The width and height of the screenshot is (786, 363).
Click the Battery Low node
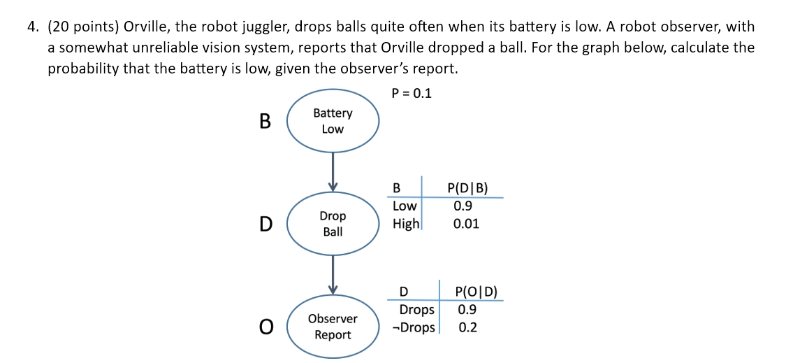coord(333,121)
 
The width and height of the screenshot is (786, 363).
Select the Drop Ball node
coord(333,223)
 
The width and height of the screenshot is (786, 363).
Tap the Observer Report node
coord(333,327)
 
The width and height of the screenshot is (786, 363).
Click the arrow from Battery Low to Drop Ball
coord(333,171)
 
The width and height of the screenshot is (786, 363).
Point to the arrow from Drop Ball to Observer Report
coord(333,274)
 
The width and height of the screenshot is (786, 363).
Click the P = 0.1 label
coord(412,93)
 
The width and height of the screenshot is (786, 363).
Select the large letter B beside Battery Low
coord(265,121)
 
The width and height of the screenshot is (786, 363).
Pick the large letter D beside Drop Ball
coord(265,224)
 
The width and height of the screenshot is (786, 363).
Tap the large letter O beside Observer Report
coord(265,327)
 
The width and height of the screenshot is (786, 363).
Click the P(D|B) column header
coord(467,187)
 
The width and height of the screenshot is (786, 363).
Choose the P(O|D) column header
coord(475,292)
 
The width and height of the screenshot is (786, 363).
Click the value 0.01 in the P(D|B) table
coord(466,224)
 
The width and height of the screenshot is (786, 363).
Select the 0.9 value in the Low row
coord(463,206)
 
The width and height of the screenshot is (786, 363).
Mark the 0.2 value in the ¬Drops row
coord(467,327)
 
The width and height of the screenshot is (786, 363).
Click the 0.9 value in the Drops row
coord(467,310)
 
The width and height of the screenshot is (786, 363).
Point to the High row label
coord(406,224)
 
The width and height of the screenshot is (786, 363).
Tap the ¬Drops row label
coord(414,327)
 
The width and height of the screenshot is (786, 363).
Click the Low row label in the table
coord(405,206)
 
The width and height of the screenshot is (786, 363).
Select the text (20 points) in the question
coord(82,27)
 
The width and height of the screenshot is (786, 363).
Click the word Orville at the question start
coord(145,27)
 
